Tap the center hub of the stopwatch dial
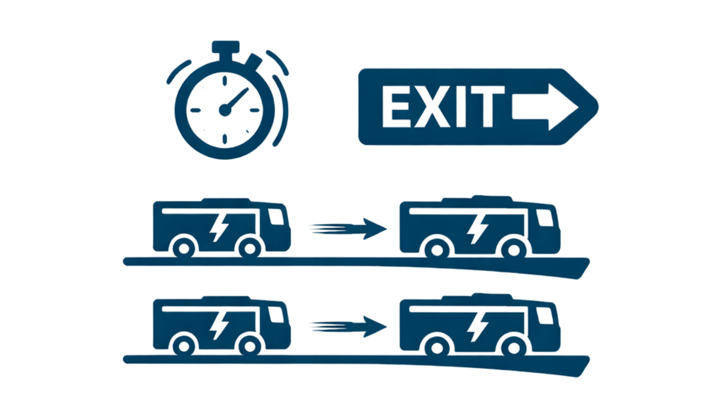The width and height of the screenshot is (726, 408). click(224, 110)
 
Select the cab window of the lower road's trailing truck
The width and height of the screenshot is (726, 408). click(277, 315)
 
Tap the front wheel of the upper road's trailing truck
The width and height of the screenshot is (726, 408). click(248, 247)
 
